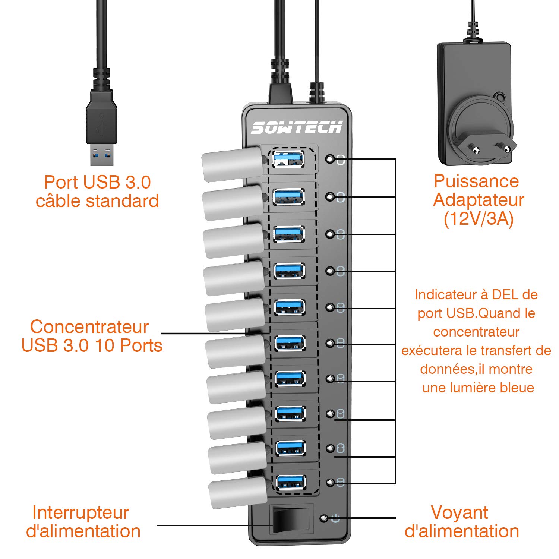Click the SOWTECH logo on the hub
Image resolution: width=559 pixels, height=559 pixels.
click(297, 127)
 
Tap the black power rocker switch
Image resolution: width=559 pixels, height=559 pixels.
click(291, 520)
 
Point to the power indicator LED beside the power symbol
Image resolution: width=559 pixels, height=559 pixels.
click(324, 518)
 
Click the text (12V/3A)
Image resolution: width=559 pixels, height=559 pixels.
click(479, 219)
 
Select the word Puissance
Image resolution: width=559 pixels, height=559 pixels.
click(476, 181)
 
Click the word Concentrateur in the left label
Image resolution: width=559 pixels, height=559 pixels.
click(89, 327)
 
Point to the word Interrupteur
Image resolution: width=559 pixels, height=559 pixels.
click(80, 512)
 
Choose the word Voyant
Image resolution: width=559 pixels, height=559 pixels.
click(459, 512)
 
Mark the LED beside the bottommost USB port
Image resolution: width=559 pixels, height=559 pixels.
click(330, 482)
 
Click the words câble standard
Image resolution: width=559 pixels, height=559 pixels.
click(97, 201)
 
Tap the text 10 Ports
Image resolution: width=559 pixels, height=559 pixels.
click(129, 345)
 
